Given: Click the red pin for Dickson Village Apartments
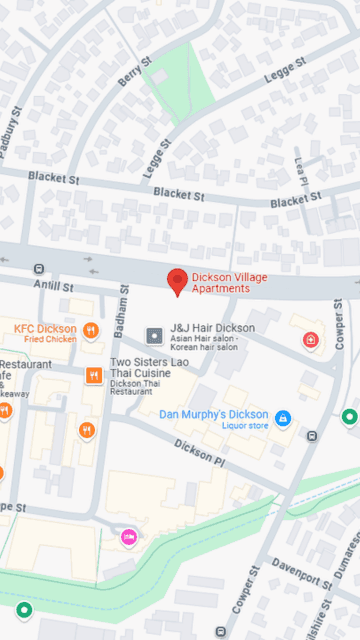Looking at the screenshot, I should pos(178,280).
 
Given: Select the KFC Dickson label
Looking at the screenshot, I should pos(45,328).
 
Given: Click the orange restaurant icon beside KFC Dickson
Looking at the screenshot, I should pos(91,331).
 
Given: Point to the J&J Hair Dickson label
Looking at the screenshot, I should pos(212,327).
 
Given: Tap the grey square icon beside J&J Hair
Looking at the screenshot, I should pos(154,335).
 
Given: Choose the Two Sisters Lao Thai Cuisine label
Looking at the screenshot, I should pos(154,367).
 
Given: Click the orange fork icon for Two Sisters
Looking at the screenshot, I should pos(94,375).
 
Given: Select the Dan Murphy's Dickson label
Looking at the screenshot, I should pos(213,414).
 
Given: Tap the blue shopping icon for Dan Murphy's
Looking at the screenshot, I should pos(284,417).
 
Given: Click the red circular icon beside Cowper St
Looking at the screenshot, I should pos(311,340).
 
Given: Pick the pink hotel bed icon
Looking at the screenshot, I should pos(129,537).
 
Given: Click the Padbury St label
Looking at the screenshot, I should pos(13,133).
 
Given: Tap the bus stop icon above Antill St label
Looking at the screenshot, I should pos(39,269).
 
